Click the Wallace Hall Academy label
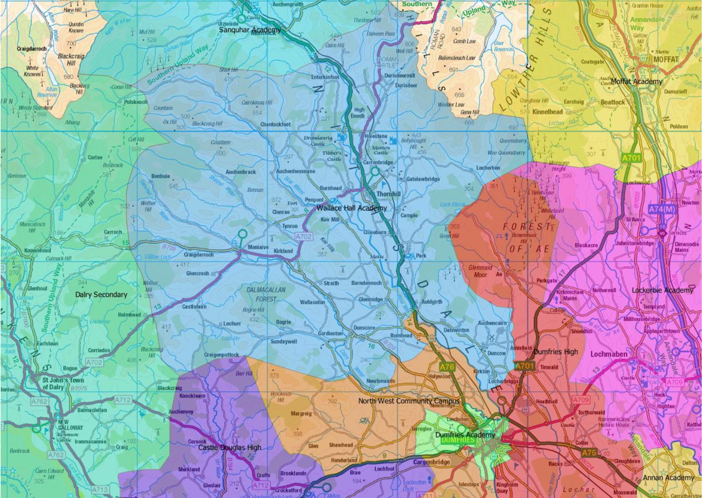tap(352, 208)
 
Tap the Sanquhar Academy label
tap(250, 30)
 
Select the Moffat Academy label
tap(636, 81)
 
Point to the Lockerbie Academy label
tap(662, 290)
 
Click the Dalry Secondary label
tap(101, 294)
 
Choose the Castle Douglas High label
tap(229, 447)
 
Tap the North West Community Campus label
tap(409, 401)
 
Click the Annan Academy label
tap(668, 478)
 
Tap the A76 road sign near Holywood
tap(447, 367)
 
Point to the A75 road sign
tap(589, 453)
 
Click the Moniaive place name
tap(258, 247)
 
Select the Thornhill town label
tap(388, 194)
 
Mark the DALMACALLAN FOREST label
tap(266, 294)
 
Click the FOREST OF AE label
tap(528, 238)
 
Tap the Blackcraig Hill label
tap(71, 59)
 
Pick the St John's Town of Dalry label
tap(63, 383)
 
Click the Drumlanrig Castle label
tap(318, 141)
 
